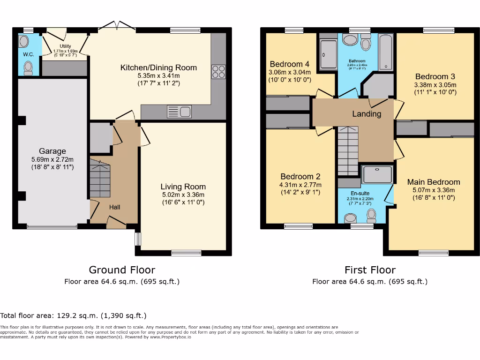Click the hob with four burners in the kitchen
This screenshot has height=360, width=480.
[218, 72]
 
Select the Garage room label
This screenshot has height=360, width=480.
[52, 151]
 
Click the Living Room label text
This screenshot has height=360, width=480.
[183, 186]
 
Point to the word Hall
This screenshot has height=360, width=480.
[115, 207]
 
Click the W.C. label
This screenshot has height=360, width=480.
[29, 54]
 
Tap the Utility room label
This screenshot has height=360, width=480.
[65, 46]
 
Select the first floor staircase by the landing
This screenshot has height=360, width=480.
[347, 150]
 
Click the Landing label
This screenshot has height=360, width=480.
[367, 114]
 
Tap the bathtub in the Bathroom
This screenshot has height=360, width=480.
[385, 52]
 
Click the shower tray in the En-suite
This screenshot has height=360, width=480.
[377, 174]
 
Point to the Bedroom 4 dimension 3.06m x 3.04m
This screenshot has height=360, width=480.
[290, 73]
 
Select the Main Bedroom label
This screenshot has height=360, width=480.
[434, 182]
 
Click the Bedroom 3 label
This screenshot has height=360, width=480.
[435, 76]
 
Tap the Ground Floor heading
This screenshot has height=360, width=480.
[122, 270]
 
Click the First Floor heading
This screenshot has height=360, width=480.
[370, 270]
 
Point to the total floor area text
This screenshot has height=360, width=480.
[74, 316]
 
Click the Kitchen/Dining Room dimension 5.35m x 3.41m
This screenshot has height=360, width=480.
[158, 75]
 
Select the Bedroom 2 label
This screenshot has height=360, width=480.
[300, 176]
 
